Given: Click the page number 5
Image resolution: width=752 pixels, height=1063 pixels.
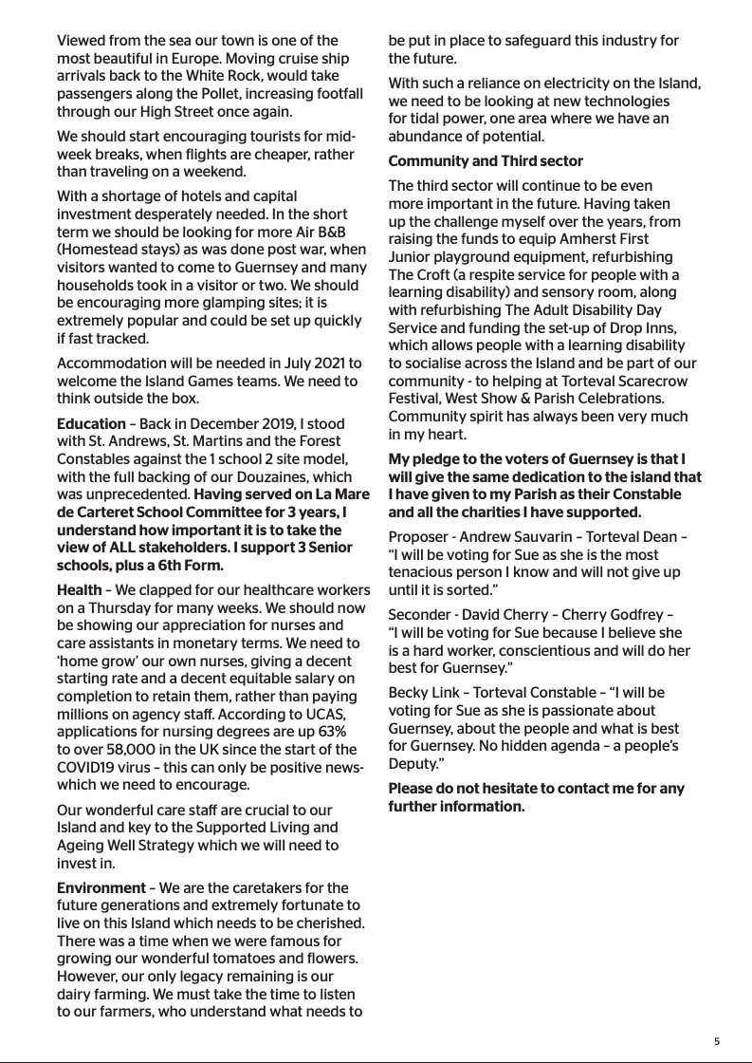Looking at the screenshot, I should coord(717,1040).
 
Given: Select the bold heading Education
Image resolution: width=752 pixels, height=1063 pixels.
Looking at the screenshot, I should coord(91,423).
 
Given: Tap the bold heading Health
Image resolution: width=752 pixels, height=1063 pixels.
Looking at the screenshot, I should coord(80,589).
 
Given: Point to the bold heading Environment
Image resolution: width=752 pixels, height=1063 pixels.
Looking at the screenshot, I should coord(101,887).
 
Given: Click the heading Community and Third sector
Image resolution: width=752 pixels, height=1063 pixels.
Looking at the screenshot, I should coord(486,161).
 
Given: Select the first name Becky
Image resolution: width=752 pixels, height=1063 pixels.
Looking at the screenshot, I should coord(409,692).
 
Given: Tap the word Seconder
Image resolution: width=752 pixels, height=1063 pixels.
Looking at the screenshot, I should coord(419,614).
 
